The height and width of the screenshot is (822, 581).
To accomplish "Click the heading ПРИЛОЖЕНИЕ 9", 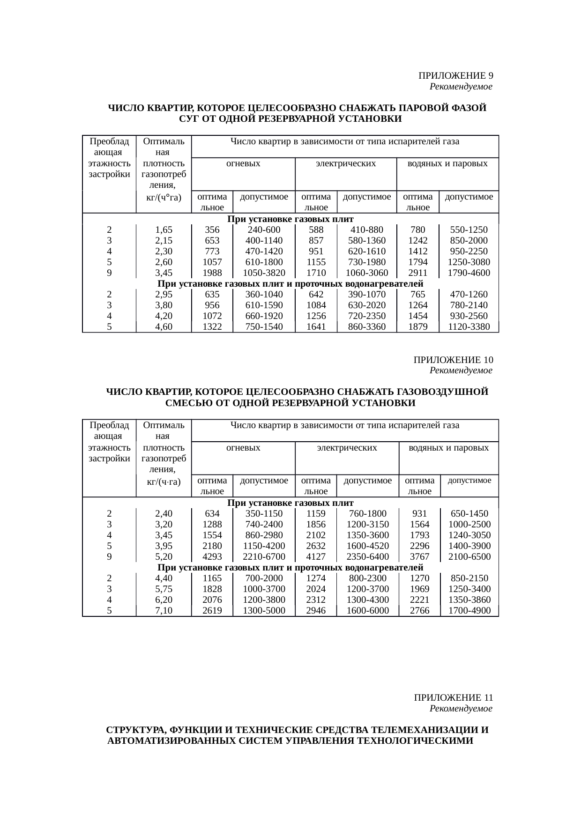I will (x=455, y=76).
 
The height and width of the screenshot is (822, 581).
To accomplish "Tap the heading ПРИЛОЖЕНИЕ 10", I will (x=453, y=360).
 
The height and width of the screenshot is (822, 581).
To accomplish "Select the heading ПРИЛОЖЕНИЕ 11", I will (x=453, y=698).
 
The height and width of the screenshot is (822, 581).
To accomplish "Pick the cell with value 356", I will (x=212, y=230).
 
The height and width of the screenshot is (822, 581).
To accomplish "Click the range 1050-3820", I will (x=264, y=273).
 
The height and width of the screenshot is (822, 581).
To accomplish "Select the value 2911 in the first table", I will (x=417, y=273).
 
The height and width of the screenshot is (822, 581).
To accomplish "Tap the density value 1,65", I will (x=164, y=230).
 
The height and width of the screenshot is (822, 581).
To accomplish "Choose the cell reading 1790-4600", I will (x=469, y=273).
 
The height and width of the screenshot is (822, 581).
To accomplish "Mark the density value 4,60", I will (x=164, y=327).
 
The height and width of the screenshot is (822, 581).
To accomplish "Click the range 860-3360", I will (x=367, y=327).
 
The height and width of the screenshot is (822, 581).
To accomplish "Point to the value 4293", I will (x=212, y=557).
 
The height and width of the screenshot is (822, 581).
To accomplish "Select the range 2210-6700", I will (x=264, y=557).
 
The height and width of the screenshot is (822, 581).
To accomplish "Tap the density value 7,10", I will (x=164, y=611).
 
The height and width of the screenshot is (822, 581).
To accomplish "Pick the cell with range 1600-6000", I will (x=367, y=611).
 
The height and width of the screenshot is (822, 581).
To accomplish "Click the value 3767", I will (x=419, y=557).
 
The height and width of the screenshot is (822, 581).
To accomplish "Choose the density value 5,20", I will (x=164, y=557).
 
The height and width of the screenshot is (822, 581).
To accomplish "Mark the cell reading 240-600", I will (x=264, y=230).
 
